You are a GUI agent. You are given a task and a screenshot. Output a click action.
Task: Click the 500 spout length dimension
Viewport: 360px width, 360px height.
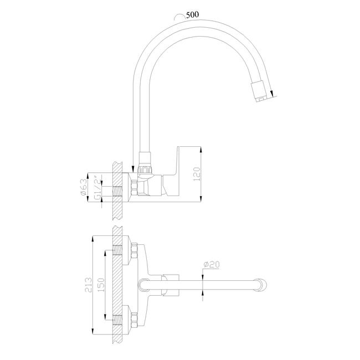click(192, 15)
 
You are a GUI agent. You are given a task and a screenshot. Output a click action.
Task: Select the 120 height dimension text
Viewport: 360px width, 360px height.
click(197, 174)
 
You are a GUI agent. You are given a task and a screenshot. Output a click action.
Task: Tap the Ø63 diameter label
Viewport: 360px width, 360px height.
click(84, 187)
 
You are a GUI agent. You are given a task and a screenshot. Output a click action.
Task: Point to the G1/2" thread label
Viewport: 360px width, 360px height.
click(98, 187)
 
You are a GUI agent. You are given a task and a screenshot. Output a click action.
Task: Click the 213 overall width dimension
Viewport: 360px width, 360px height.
click(88, 285)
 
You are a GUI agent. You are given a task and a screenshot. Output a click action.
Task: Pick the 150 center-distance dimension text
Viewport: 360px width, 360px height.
click(101, 285)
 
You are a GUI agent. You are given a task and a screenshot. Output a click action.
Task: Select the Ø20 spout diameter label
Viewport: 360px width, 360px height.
click(212, 265)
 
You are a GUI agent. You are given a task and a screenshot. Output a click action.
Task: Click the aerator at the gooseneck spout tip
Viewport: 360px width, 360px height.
click(259, 91)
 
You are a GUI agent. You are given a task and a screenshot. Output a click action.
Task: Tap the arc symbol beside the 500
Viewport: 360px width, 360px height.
click(179, 17)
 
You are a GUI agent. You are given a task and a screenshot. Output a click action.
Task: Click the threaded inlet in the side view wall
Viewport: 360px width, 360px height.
click(117, 191)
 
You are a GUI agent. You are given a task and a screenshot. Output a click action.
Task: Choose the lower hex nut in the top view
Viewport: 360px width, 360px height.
click(134, 320)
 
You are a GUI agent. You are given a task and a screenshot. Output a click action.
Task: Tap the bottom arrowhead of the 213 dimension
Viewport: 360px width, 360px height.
click(92, 331)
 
